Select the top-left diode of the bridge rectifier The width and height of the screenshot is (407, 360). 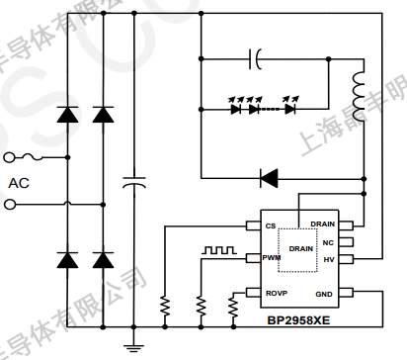[68, 115]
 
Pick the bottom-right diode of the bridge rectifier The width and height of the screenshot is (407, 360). [102, 260]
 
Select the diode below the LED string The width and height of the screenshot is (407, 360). [269, 179]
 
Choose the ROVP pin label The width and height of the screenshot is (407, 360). [276, 294]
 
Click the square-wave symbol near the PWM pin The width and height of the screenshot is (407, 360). [215, 249]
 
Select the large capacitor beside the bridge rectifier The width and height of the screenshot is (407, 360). [133, 182]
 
